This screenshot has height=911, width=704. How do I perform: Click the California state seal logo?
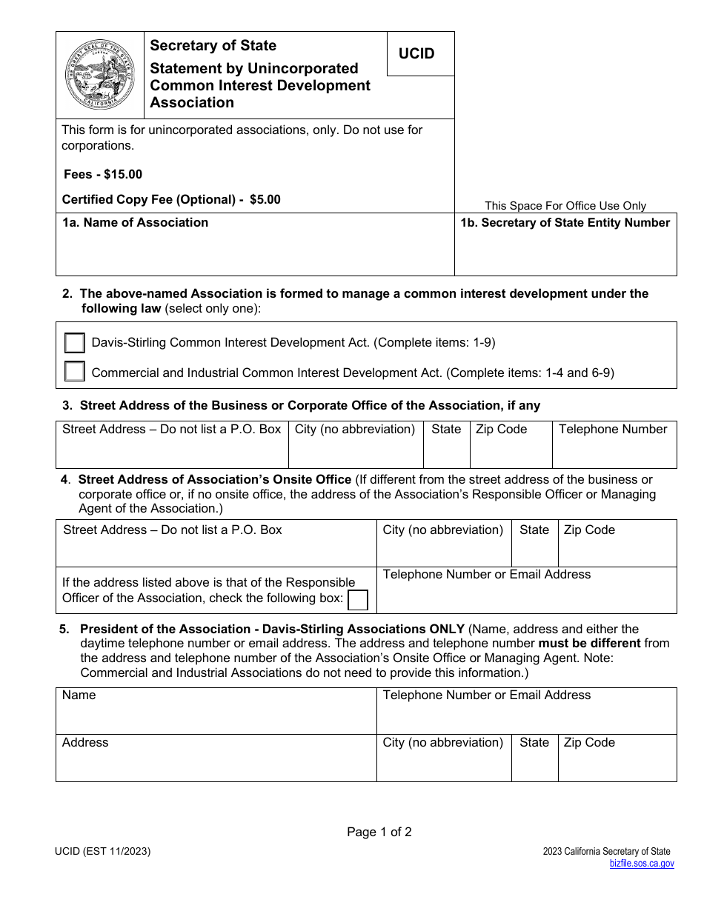(99, 75)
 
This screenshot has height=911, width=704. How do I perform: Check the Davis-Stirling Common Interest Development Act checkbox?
(74, 343)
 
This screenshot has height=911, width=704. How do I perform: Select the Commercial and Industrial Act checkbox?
(74, 372)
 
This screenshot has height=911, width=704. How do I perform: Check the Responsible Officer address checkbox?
(358, 599)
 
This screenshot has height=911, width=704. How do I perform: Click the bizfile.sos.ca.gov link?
(642, 864)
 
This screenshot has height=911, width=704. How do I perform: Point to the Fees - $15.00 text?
(103, 175)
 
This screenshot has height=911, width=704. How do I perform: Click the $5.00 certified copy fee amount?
(265, 200)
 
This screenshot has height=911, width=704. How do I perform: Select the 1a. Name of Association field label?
(135, 223)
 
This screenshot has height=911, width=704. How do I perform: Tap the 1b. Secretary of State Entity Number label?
(565, 223)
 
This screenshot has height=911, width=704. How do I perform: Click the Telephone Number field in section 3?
(614, 444)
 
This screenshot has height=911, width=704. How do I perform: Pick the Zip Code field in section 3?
(511, 444)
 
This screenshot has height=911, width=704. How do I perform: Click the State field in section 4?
(534, 544)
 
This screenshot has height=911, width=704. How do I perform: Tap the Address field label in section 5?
(85, 743)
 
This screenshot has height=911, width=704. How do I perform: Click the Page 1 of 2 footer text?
(379, 832)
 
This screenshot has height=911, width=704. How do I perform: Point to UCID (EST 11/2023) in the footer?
(102, 852)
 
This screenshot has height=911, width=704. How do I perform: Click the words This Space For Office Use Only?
(565, 206)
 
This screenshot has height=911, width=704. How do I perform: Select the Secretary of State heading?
(213, 46)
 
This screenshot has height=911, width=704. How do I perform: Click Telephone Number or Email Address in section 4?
(487, 575)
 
